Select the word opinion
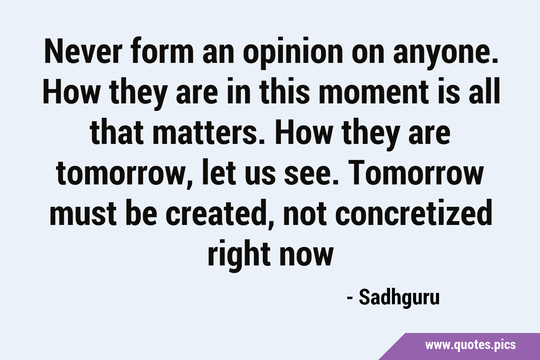293,53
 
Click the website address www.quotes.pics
470,345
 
